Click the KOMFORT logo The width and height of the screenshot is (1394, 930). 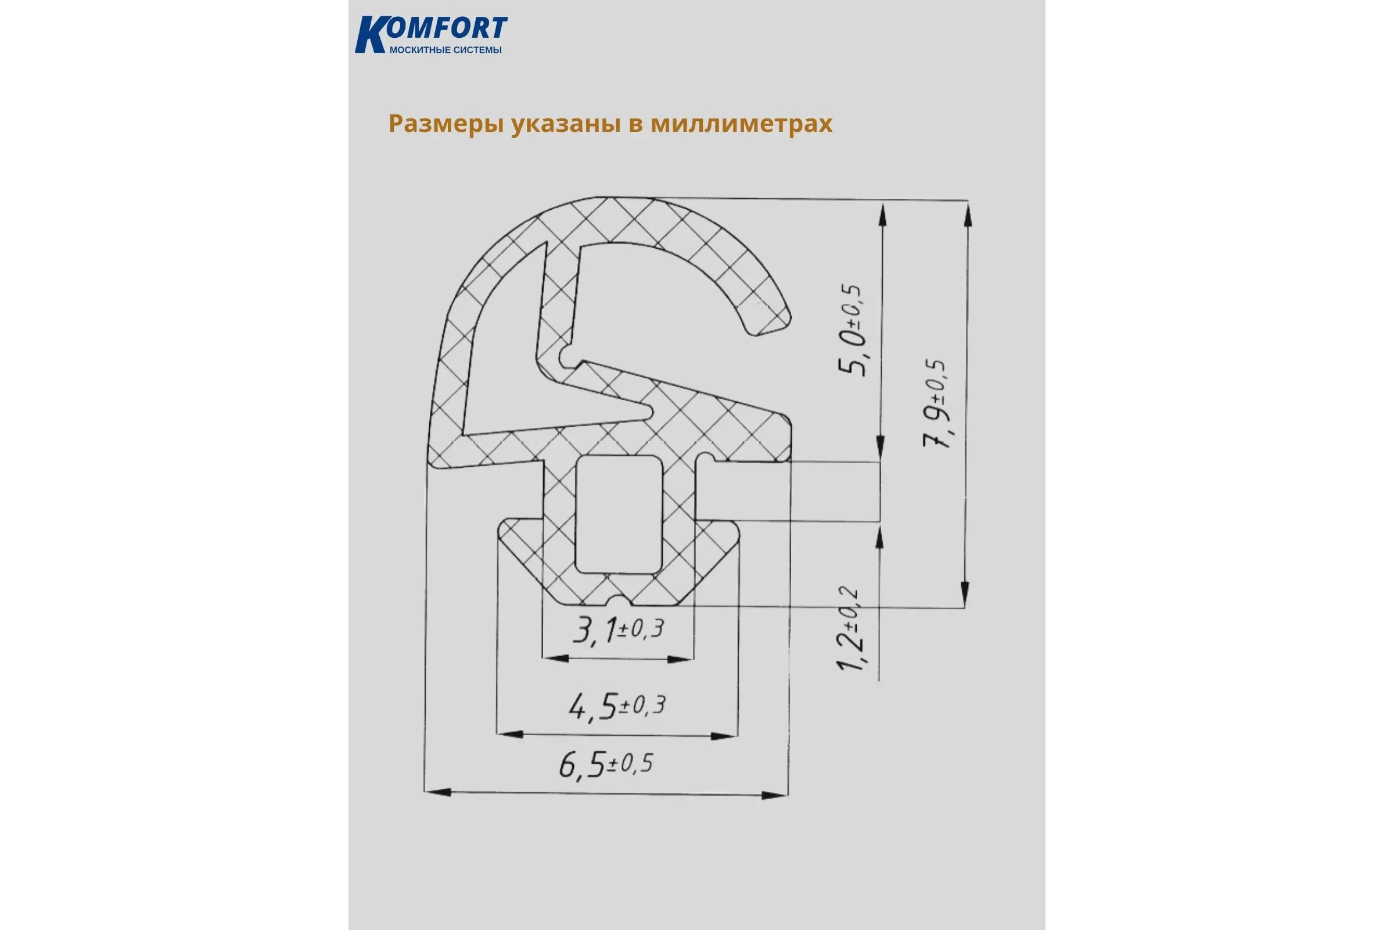[x=431, y=34]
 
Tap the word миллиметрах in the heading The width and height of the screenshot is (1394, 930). [x=742, y=123]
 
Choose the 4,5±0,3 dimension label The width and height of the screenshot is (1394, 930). [x=617, y=706]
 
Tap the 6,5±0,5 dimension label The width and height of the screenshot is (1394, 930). [x=606, y=764]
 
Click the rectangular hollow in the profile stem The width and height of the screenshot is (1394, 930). [x=619, y=514]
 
